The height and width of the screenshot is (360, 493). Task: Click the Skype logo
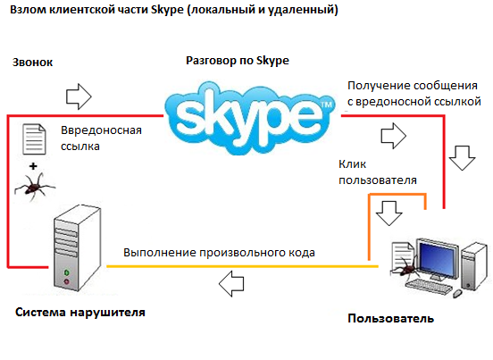(x=250, y=119)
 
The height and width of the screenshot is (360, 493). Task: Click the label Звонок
(x=32, y=63)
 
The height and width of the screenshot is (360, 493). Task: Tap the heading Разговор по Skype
(x=238, y=61)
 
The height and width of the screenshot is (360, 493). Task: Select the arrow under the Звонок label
(x=79, y=96)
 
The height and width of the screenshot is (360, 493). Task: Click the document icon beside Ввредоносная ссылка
(x=34, y=139)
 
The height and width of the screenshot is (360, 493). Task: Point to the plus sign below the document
(x=33, y=166)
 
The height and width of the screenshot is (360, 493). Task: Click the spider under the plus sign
(x=34, y=186)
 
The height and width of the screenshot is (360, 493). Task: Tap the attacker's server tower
(x=78, y=247)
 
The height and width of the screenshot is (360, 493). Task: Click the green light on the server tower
(x=66, y=272)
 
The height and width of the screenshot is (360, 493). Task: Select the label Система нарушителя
(x=80, y=313)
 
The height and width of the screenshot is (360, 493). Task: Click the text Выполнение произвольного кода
(x=219, y=253)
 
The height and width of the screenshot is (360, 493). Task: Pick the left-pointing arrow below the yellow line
(x=231, y=283)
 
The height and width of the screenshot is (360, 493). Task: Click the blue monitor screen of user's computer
(x=437, y=256)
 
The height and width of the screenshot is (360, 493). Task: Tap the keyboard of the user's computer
(x=429, y=287)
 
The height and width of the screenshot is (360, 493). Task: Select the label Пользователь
(x=391, y=319)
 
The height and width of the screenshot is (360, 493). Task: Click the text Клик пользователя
(x=378, y=172)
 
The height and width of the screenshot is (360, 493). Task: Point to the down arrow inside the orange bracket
(x=389, y=213)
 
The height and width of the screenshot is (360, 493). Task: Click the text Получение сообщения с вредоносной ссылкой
(x=414, y=94)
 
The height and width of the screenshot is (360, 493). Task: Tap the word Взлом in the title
(x=28, y=10)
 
